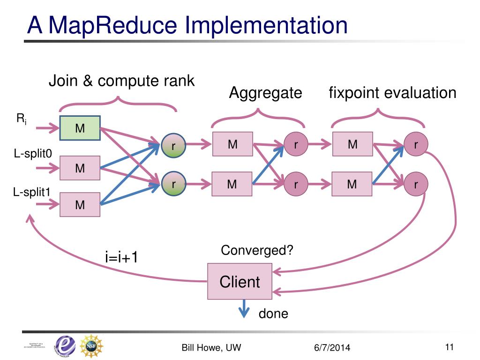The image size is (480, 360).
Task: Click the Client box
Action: tap(240, 282)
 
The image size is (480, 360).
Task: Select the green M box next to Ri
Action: tap(80, 128)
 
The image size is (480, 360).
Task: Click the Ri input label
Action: tap(22, 119)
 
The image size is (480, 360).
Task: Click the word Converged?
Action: tap(257, 250)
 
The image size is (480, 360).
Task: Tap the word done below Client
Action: tap(273, 314)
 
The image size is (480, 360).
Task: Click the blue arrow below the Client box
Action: tap(244, 310)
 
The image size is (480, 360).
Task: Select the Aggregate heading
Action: tap(265, 93)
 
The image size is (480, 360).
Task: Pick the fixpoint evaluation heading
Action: tap(392, 93)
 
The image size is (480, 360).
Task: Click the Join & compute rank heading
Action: tap(121, 81)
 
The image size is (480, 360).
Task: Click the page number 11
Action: tap(450, 347)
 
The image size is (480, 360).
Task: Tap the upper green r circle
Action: tap(173, 146)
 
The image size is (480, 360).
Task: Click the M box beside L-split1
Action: tap(80, 204)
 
